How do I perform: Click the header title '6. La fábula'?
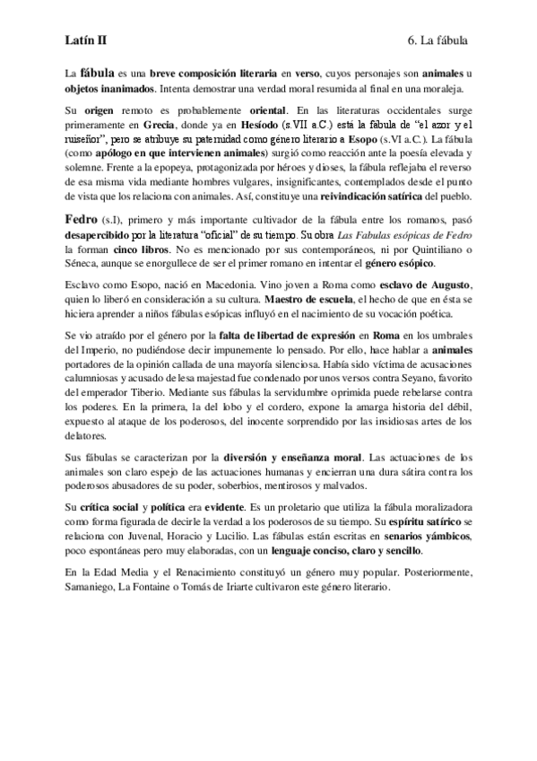[x=437, y=40]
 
